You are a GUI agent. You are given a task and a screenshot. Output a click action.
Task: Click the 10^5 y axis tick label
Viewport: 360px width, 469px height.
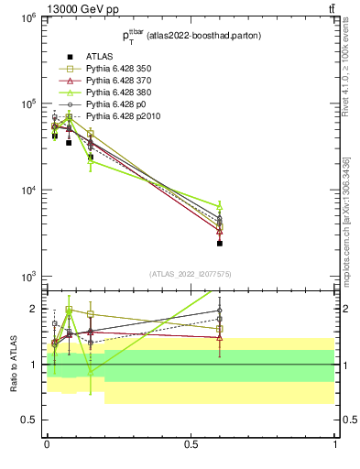(x=28, y=104)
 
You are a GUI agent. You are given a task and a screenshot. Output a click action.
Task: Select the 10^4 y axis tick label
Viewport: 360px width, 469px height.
(x=28, y=191)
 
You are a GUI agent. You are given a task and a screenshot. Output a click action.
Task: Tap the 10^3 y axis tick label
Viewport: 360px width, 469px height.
(x=28, y=277)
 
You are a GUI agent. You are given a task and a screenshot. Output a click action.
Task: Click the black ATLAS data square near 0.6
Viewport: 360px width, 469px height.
(x=220, y=244)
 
